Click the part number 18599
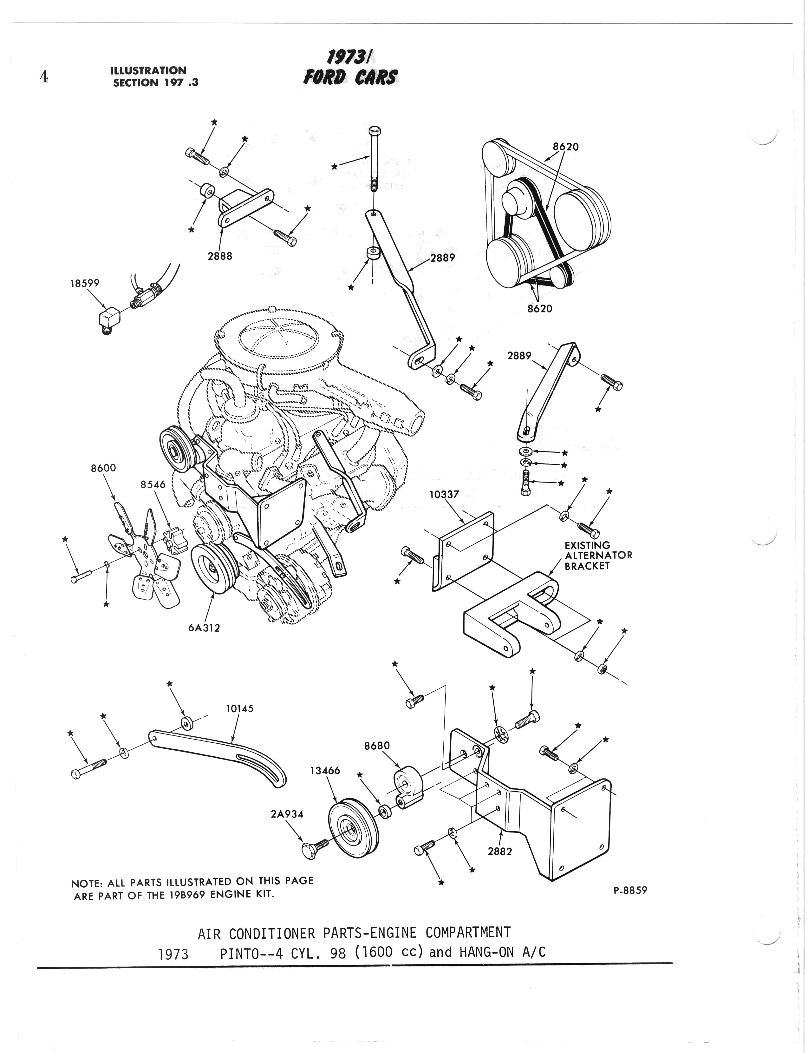pyautogui.click(x=85, y=283)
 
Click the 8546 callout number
pyautogui.click(x=153, y=484)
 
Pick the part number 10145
pyautogui.click(x=239, y=708)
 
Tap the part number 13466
pyautogui.click(x=325, y=771)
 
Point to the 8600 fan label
pyautogui.click(x=103, y=468)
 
